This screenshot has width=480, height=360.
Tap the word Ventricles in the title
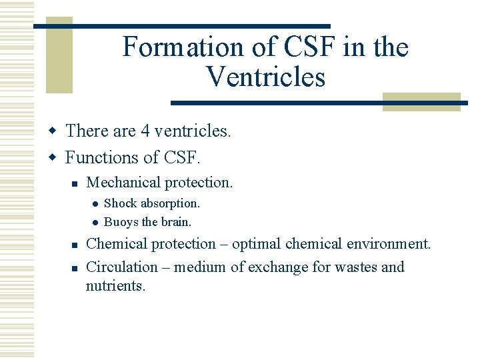tap(265, 77)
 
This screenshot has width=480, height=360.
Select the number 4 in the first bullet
tap(145, 131)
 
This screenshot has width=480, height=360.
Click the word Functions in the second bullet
tap(102, 158)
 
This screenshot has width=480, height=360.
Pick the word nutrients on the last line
tap(115, 286)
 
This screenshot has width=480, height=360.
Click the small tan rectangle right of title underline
tap(421, 102)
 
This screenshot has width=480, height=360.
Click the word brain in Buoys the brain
tap(177, 221)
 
